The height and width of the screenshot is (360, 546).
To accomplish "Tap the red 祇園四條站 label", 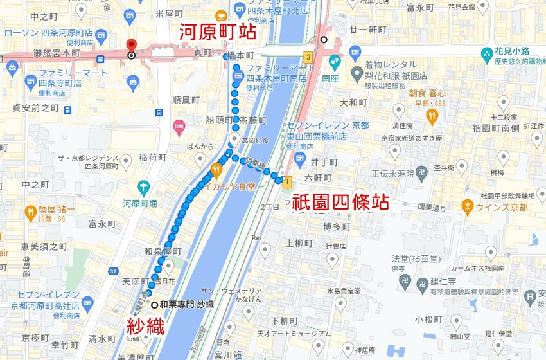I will (x=340, y=201).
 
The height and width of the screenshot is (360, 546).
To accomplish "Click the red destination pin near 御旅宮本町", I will (x=132, y=45).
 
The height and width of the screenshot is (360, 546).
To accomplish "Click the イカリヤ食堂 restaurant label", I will (x=225, y=186).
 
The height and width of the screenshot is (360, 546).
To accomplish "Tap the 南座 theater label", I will (x=330, y=78).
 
